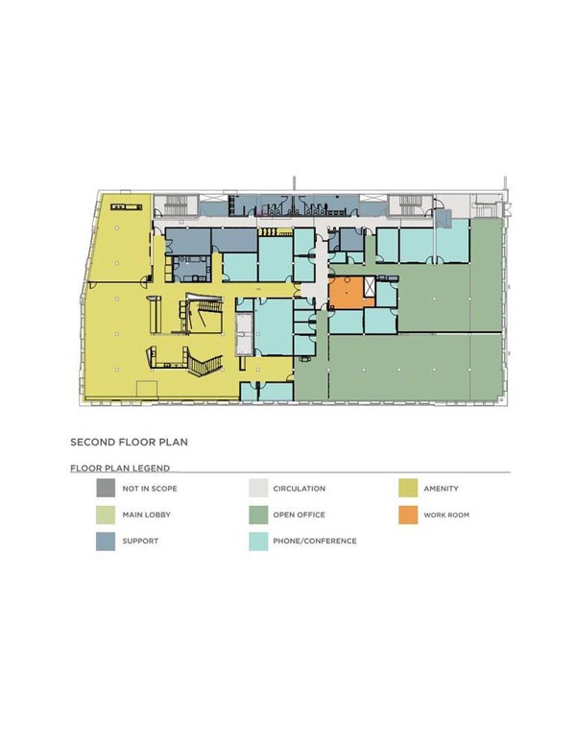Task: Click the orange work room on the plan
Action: pos(346,293)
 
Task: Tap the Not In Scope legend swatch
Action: pos(106,488)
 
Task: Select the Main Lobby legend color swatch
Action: pos(106,515)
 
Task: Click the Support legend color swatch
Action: pos(106,541)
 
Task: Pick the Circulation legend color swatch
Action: pos(258,488)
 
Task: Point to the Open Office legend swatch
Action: pos(258,515)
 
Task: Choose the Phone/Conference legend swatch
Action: pos(258,541)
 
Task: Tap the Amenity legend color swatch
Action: pos(408,488)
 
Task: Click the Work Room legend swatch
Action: pos(408,515)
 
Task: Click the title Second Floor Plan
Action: pos(129,443)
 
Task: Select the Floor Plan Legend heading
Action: pos(120,468)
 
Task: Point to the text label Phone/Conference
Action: pos(315,541)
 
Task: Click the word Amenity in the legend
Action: pos(441,489)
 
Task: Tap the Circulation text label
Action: pos(299,489)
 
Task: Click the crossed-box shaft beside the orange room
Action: pos(370,287)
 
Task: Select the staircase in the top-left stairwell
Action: pos(176,205)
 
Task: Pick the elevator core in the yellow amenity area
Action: pos(245,333)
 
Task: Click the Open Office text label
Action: pos(299,515)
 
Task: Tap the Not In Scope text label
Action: pos(150,489)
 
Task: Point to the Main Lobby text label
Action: pos(146,515)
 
